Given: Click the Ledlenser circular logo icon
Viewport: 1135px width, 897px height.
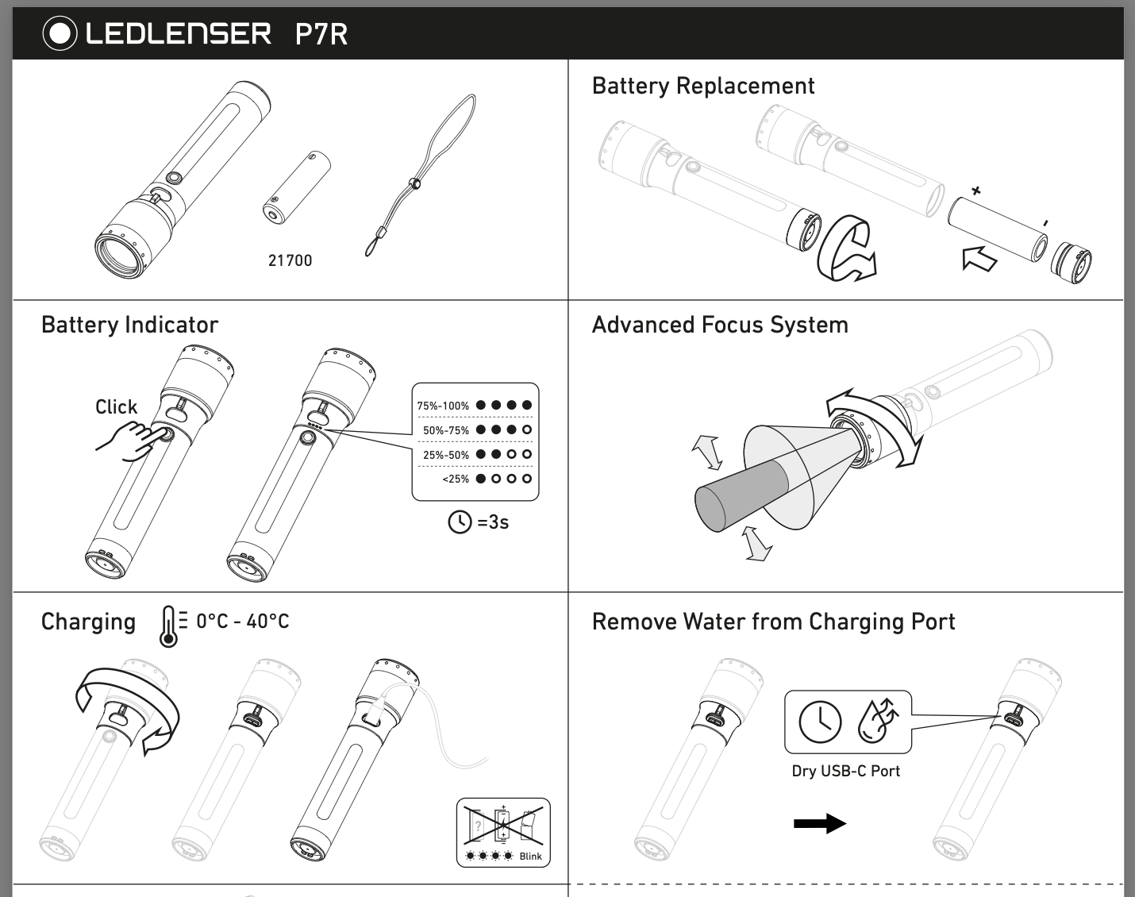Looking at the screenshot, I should point(60,33).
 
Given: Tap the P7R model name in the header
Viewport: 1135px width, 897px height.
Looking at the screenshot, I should point(321,34).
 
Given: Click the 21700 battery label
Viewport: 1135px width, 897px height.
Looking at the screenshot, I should point(290,260).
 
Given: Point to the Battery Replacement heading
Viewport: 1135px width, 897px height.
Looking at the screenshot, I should point(702,86).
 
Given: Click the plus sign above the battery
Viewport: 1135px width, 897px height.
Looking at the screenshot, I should point(976,191).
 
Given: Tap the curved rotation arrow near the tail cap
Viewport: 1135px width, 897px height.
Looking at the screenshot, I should point(845,248).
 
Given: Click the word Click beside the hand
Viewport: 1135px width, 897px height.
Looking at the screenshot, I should point(116,406).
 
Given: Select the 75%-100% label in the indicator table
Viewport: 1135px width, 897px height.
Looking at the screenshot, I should point(443,406).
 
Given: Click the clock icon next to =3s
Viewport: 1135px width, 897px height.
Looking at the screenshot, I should point(460,522).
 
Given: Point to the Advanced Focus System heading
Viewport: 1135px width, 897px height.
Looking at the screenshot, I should point(719,325).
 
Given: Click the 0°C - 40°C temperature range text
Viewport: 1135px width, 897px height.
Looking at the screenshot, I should point(242,621).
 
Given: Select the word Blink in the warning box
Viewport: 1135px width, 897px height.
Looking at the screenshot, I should point(530,856).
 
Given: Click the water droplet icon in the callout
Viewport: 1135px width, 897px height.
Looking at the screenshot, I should point(878,720).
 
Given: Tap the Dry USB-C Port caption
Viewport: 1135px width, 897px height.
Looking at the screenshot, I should point(845,771).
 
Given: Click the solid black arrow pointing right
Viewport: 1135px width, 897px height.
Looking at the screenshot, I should point(820,823).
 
